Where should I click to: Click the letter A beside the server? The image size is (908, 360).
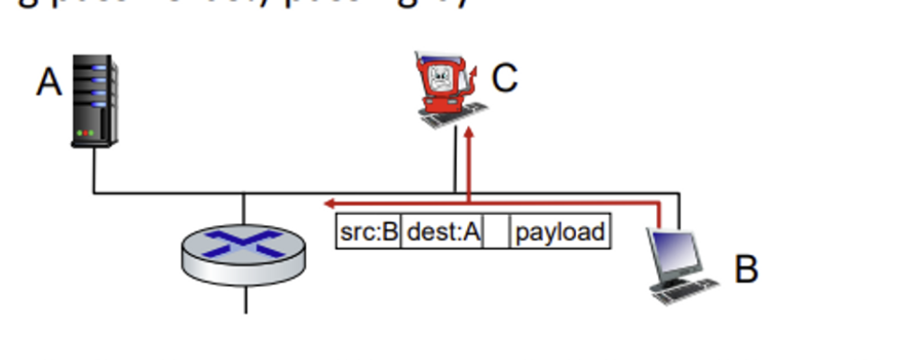click(x=49, y=83)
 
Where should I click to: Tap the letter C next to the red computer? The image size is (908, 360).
click(x=505, y=78)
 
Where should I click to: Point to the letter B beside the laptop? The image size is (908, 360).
click(x=746, y=269)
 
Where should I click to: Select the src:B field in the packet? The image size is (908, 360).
click(x=369, y=232)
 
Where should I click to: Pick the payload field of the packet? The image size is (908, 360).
click(x=560, y=232)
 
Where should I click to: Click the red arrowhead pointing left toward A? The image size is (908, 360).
click(x=331, y=203)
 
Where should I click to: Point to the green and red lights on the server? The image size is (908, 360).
click(x=86, y=133)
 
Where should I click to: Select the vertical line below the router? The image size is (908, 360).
click(x=245, y=297)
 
